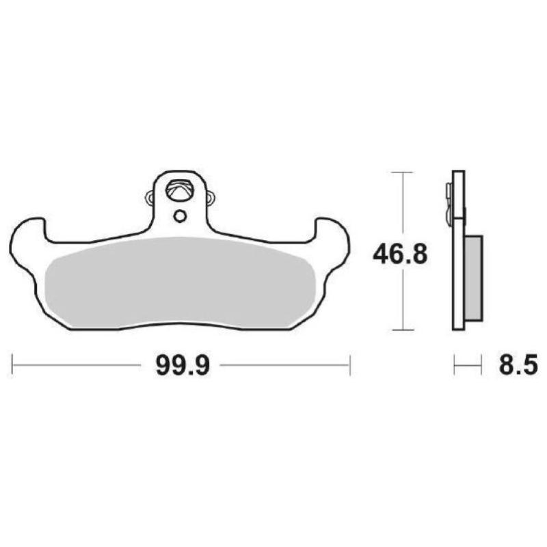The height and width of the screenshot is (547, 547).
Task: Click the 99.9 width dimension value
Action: coord(181,365)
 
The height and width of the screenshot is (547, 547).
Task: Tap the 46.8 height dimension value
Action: coord(400,254)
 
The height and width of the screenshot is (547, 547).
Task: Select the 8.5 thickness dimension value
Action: coord(516,365)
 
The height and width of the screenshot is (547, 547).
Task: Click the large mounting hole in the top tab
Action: coord(180,189)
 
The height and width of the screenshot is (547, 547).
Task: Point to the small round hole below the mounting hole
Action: coord(180,216)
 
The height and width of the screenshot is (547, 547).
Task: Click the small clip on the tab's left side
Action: coord(150,198)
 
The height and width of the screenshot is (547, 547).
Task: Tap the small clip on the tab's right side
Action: coord(210,198)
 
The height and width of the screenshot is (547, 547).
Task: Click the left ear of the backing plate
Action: coord(27,243)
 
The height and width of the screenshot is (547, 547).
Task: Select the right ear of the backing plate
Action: coord(333,243)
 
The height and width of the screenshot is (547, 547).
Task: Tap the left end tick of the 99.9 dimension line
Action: coord(12,365)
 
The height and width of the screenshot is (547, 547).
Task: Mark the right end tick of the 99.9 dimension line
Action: coord(350,365)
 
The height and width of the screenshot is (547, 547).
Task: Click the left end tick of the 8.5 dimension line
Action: coord(454,365)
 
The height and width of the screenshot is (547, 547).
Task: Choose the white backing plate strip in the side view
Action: coord(459,273)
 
